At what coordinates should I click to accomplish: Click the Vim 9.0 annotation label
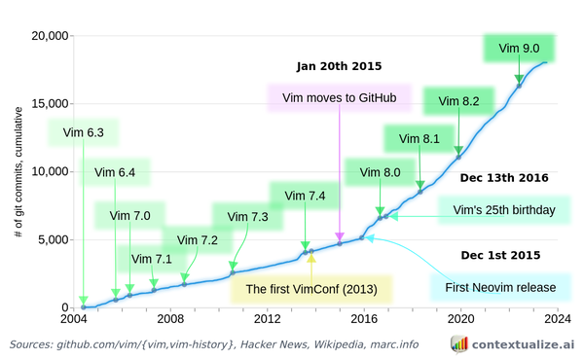519,48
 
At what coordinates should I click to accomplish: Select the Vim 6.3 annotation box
82,130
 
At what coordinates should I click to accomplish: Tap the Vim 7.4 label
305,197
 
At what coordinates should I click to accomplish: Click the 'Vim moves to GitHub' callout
339,98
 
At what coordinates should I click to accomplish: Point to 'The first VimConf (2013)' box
310,289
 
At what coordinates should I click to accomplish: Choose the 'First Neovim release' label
499,288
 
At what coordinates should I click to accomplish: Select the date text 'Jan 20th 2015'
339,67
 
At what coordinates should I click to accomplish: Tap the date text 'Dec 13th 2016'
504,178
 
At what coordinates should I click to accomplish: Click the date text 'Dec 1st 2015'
500,256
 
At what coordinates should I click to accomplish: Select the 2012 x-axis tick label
267,318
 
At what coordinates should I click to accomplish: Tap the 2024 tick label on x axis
557,318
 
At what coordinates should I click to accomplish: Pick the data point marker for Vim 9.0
519,86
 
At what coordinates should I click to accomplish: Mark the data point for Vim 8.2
458,156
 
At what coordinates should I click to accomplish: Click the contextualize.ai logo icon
458,343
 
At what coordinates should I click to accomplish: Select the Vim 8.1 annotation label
419,139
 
